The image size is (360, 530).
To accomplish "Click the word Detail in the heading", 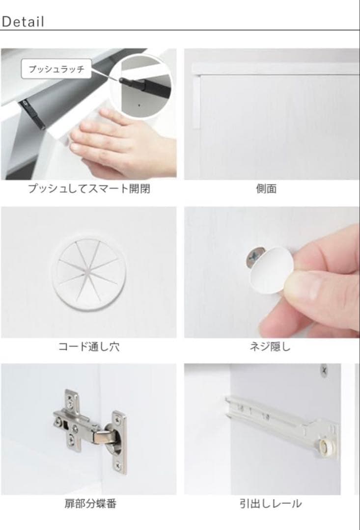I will [23, 22].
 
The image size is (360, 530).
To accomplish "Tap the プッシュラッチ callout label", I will [56, 69].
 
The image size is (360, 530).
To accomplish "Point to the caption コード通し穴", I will [88, 347].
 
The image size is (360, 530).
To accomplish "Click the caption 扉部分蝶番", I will [90, 504].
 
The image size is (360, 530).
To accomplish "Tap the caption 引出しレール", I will [271, 504].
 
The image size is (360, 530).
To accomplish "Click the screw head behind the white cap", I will [253, 255].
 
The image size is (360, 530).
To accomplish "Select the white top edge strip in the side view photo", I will [275, 69].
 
